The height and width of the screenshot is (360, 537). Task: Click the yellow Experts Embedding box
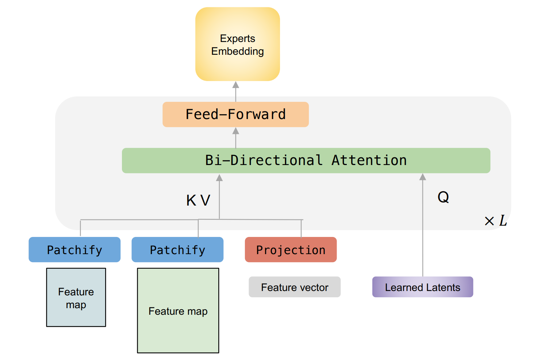point(237,44)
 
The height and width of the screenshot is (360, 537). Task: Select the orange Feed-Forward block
point(235,114)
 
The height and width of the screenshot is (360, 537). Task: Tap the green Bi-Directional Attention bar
point(306,160)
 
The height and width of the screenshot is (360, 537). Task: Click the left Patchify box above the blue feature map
point(74,250)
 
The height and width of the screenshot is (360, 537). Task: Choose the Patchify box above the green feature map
point(177,250)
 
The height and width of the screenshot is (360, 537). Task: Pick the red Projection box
point(291,250)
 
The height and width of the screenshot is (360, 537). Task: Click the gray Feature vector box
point(295,287)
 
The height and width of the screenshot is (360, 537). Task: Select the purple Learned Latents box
point(422,287)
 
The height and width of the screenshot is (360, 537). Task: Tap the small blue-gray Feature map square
point(76,297)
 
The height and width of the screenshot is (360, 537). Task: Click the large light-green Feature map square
point(178,311)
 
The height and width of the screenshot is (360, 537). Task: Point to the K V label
point(198,200)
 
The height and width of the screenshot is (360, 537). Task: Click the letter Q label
point(443,197)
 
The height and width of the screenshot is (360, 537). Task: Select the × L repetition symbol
point(495,221)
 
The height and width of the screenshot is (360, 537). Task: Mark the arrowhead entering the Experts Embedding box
point(236,85)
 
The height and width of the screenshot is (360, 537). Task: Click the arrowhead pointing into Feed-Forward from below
point(236,131)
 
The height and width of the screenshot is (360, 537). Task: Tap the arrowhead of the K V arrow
point(219,178)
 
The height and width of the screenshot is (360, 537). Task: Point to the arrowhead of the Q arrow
point(423,177)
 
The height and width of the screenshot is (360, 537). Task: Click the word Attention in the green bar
point(369,160)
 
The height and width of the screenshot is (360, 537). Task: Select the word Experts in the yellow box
point(237,38)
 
